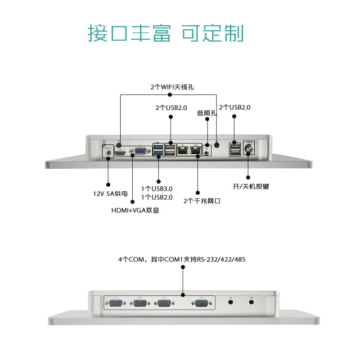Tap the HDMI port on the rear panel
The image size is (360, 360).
[x=120, y=153]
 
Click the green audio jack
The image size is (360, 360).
[x=207, y=153]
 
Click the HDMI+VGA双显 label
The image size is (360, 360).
[x=135, y=210]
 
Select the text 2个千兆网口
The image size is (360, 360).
[x=202, y=201]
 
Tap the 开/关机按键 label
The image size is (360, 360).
[x=250, y=186]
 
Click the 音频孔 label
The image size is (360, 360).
[x=207, y=113]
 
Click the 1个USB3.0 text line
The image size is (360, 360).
[x=157, y=189]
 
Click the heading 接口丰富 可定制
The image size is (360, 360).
[x=166, y=33]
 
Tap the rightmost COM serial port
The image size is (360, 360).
[x=201, y=305]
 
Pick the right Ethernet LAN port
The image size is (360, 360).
[x=196, y=151]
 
